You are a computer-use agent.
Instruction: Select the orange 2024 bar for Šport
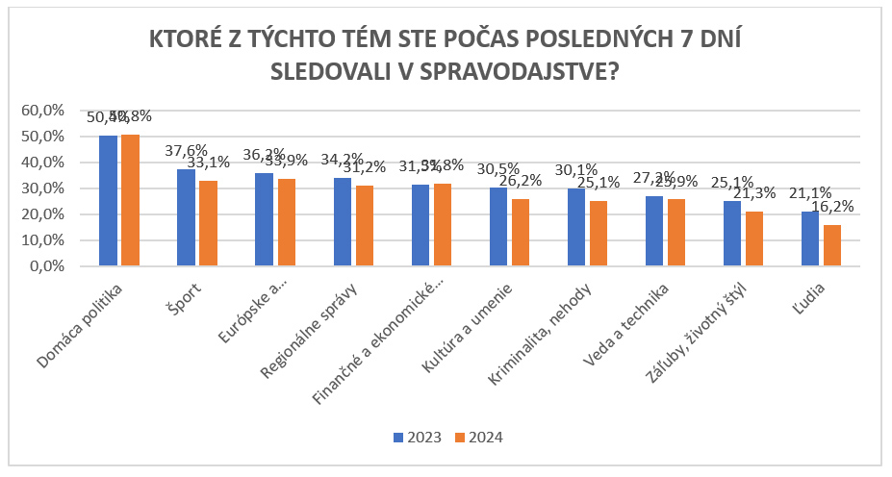point(208,222)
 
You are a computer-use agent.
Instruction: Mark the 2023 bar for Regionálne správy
point(342,220)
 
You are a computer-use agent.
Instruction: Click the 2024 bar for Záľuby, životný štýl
point(753,238)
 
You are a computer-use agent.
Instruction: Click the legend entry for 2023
point(417,438)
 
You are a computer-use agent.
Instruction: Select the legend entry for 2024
point(480,438)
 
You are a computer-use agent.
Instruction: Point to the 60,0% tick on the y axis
point(42,111)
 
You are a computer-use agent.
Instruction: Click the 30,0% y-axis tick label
point(42,188)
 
